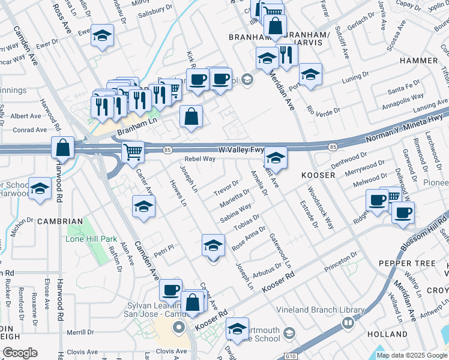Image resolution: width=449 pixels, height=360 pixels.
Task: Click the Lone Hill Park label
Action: click(x=91, y=239)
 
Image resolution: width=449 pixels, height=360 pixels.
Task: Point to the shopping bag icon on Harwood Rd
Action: click(x=62, y=148)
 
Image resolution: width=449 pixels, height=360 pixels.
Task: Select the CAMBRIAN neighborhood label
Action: click(x=59, y=221)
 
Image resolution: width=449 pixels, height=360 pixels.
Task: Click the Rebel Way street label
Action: click(x=199, y=159)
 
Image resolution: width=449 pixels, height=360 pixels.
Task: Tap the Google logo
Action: click(x=20, y=353)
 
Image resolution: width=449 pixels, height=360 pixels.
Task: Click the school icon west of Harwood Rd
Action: click(x=40, y=190)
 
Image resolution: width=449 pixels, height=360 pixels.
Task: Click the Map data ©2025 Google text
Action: click(x=412, y=355)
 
